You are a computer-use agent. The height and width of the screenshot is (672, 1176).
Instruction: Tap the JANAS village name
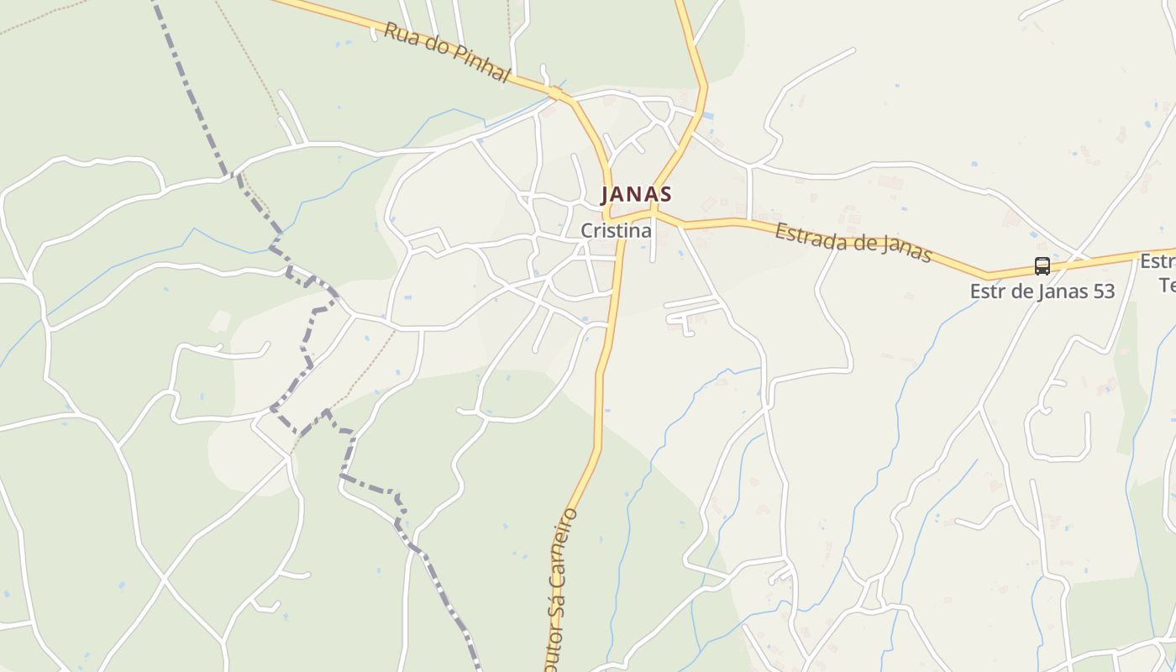(636, 195)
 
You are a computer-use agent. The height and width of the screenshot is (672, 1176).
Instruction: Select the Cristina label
(616, 230)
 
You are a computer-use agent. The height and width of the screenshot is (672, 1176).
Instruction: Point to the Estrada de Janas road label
(853, 242)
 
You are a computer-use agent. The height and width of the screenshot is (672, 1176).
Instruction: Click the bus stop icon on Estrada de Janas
(1042, 266)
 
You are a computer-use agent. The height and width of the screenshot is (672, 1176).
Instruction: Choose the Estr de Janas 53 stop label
(1042, 291)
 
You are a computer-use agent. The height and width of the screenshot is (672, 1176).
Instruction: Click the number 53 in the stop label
(1101, 291)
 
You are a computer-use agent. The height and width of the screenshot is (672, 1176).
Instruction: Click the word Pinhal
(480, 64)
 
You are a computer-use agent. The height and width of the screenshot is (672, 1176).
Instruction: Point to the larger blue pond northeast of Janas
(708, 115)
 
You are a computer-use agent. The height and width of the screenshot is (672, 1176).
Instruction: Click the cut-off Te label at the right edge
(1168, 286)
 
